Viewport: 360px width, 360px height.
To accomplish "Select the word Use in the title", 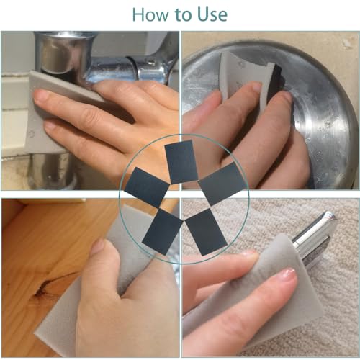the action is click(x=212, y=14).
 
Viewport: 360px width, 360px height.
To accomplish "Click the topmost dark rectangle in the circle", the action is click(x=181, y=162).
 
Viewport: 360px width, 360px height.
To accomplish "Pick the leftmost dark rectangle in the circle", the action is click(x=147, y=188).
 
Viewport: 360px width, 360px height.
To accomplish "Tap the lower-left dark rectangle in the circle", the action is click(x=162, y=231).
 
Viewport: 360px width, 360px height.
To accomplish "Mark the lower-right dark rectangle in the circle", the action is click(x=206, y=232).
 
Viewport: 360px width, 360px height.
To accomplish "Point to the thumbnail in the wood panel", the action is click(x=99, y=247).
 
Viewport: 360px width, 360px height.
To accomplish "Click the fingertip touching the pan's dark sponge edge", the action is click(x=286, y=97).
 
